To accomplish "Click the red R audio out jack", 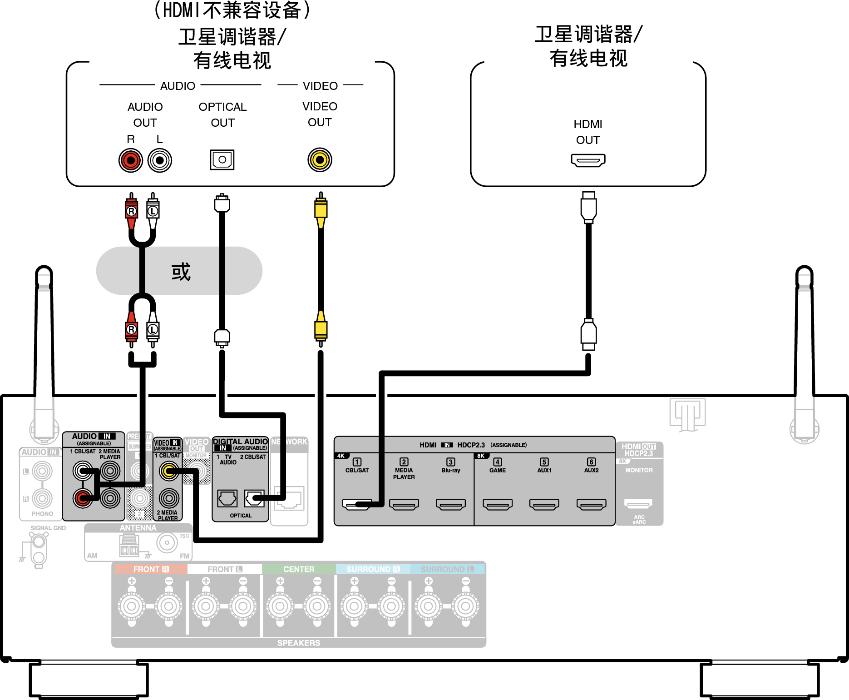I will coord(131,160).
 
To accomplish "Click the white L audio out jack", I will coord(159,160).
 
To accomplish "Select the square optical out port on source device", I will coord(222,160).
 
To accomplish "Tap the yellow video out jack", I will coord(320,160).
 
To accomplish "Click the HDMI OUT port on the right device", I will coord(588,160).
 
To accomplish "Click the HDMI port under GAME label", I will coord(498,504).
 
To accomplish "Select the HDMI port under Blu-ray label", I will coord(450,504).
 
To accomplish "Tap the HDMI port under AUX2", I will coord(591,504).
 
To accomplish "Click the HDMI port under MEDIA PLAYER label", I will coord(404,504).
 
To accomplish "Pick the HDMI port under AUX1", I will coord(544,504).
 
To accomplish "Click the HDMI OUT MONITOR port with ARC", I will coord(638,503).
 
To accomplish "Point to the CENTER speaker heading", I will coord(298,569).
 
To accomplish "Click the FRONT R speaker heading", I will coord(151,569).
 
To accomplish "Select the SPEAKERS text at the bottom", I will coord(298,643).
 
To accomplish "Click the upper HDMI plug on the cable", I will coord(588,207).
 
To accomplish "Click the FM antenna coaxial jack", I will coord(167,542).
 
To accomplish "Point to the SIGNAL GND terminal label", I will coord(48,528).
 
